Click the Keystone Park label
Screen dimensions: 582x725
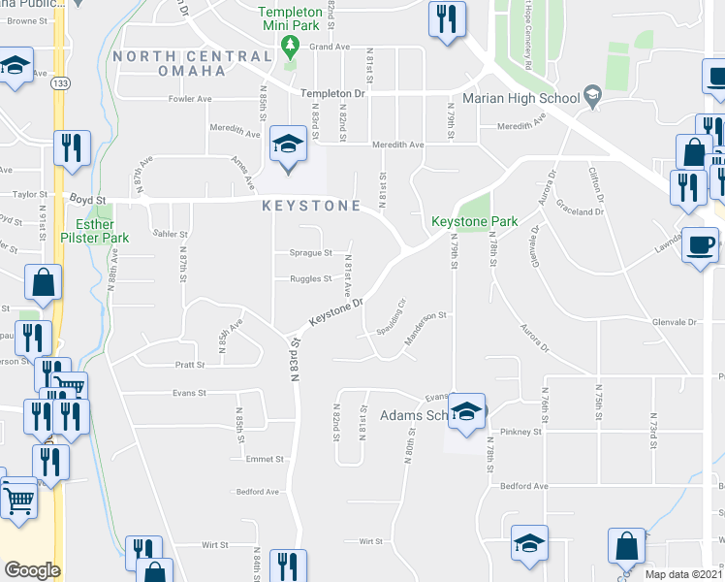click(475, 222)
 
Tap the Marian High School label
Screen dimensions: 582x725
click(520, 97)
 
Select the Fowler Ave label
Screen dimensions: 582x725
click(190, 98)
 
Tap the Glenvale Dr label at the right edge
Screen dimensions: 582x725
click(675, 322)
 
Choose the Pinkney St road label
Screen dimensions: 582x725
click(520, 431)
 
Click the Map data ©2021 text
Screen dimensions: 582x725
click(683, 574)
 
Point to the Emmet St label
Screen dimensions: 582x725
click(264, 459)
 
